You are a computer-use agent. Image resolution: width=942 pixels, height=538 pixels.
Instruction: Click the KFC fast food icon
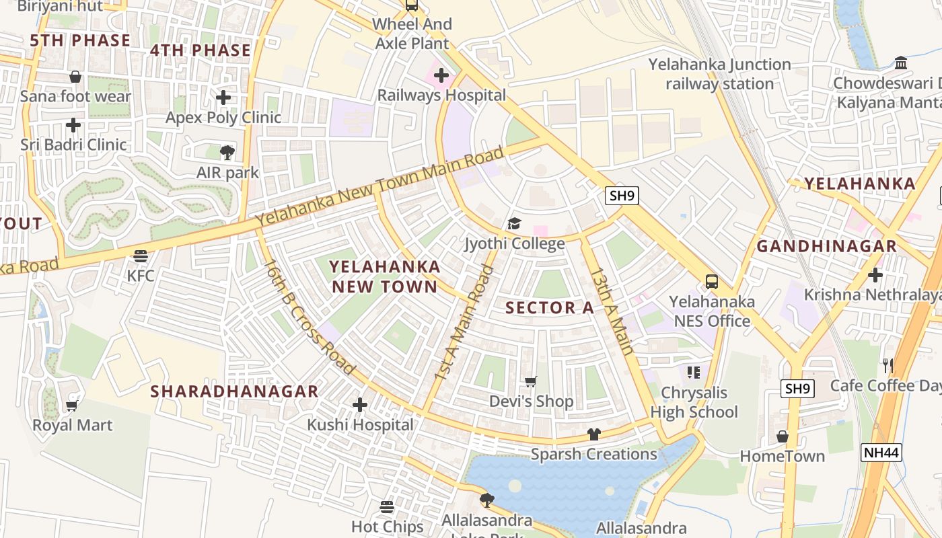click(x=140, y=256)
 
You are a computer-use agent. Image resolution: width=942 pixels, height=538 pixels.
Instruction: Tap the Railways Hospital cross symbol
click(x=441, y=75)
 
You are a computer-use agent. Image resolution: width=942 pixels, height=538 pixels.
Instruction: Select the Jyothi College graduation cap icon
click(x=514, y=223)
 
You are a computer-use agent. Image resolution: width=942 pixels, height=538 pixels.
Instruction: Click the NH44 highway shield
click(x=881, y=453)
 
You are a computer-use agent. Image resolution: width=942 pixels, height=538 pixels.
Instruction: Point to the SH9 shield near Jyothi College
click(x=621, y=196)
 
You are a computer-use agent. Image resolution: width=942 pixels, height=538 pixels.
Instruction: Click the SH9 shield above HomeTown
click(x=798, y=388)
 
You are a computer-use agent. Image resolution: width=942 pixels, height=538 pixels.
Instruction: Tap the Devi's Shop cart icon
click(x=531, y=382)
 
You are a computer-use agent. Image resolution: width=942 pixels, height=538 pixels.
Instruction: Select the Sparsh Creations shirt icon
click(x=593, y=434)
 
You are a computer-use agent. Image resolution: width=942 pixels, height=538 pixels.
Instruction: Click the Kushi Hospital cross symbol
click(x=360, y=405)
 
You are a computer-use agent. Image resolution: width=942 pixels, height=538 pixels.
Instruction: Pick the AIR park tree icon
click(x=227, y=153)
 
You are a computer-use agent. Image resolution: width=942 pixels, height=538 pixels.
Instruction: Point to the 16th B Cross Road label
click(x=307, y=317)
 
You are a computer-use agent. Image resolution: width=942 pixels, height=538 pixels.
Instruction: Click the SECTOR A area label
click(x=550, y=308)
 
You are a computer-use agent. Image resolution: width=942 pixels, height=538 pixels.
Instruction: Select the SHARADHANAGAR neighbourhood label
click(x=234, y=391)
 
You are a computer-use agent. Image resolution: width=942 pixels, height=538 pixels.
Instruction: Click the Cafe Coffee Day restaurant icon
click(x=888, y=366)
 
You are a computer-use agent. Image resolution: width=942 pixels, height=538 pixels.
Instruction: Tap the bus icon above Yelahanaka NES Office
click(x=711, y=282)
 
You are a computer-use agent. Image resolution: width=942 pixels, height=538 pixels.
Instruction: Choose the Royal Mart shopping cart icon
click(x=72, y=406)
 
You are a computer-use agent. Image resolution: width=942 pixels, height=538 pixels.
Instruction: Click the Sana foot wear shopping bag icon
click(x=75, y=77)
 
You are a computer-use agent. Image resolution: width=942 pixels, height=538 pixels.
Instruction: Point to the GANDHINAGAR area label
click(x=826, y=246)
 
